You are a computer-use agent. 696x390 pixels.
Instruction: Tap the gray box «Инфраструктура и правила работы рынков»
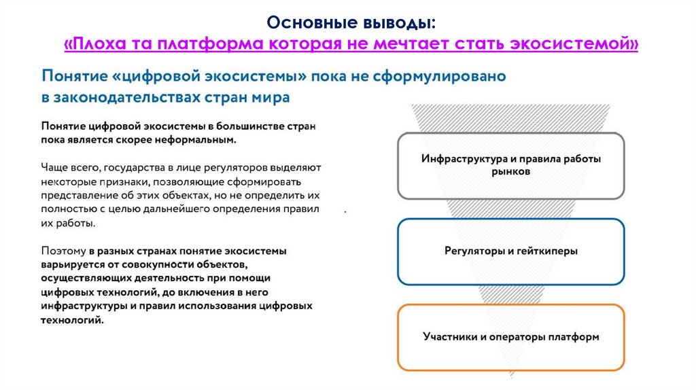(510, 165)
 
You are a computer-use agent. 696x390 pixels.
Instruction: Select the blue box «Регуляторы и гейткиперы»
(510, 251)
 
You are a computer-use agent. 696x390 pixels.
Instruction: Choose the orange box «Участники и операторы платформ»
(510, 336)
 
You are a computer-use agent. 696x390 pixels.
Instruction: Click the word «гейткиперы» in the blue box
(548, 251)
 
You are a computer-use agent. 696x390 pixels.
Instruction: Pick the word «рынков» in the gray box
(510, 173)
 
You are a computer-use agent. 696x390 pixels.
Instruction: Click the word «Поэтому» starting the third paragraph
(63, 251)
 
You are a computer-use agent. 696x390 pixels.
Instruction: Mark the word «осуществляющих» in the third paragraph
(82, 279)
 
